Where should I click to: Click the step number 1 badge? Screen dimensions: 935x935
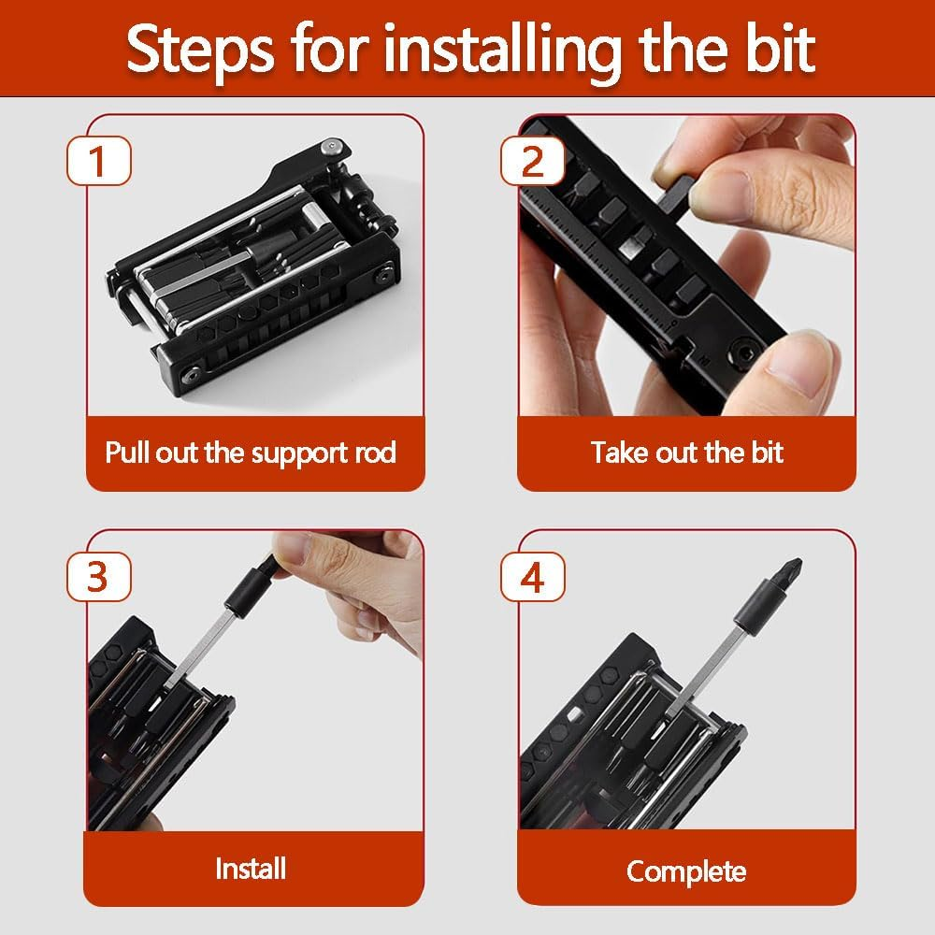pos(98,161)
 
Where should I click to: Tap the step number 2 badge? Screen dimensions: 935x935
pos(531,161)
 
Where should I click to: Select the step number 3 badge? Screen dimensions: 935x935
pos(98,577)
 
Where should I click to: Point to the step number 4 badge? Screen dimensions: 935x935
pos(531,577)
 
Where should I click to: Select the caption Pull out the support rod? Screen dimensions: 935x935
pos(251,453)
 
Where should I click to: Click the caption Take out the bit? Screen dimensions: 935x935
pos(686,453)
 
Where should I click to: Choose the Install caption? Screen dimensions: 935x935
pos(251,869)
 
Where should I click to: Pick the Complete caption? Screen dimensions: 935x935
pos(686,871)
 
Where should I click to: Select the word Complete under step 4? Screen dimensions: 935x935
pos(686,871)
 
